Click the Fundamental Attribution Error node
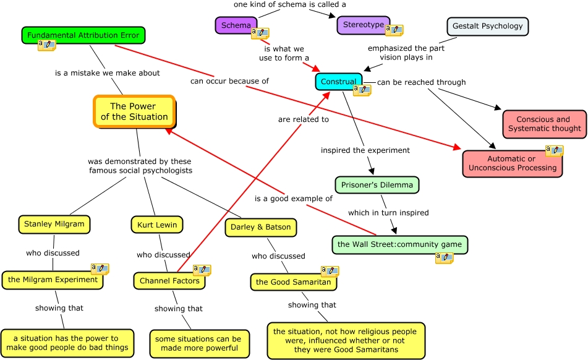click(x=83, y=35)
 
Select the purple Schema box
click(x=236, y=25)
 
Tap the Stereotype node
click(x=364, y=25)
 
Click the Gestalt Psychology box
click(x=487, y=26)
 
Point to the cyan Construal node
click(x=339, y=82)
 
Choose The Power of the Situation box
click(x=134, y=111)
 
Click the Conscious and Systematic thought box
click(x=545, y=124)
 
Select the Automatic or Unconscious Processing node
click(x=512, y=163)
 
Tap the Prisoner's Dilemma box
click(x=377, y=185)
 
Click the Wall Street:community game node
click(x=400, y=244)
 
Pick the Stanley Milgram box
click(x=54, y=225)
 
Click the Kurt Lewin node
click(x=157, y=225)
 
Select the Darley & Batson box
click(x=261, y=227)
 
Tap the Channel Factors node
click(x=169, y=281)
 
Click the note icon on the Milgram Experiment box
click(x=100, y=269)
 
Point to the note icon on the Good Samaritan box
click(x=330, y=271)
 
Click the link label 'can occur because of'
click(x=229, y=81)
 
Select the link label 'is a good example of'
click(x=294, y=199)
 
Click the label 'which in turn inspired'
click(x=388, y=213)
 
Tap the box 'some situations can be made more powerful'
click(x=200, y=343)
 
